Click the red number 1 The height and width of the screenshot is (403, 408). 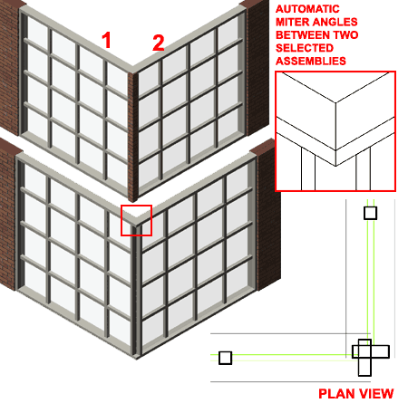[107, 40]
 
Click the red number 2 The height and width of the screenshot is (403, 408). [159, 43]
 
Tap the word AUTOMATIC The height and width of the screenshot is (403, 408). [307, 9]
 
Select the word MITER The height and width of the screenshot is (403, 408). [293, 22]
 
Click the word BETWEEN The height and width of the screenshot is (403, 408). [303, 35]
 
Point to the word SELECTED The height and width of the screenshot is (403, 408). [305, 48]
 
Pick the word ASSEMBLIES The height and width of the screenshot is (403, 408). [311, 61]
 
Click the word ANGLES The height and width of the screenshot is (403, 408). [335, 22]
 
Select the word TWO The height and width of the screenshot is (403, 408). [345, 35]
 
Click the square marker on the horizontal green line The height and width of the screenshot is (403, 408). [225, 358]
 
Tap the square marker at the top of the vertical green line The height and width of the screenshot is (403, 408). [370, 213]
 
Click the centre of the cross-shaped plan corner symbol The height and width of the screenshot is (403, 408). [364, 352]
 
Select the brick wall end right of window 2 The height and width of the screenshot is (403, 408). [257, 66]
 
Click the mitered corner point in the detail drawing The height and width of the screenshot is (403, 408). [335, 166]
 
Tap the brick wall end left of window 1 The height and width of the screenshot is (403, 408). [11, 66]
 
